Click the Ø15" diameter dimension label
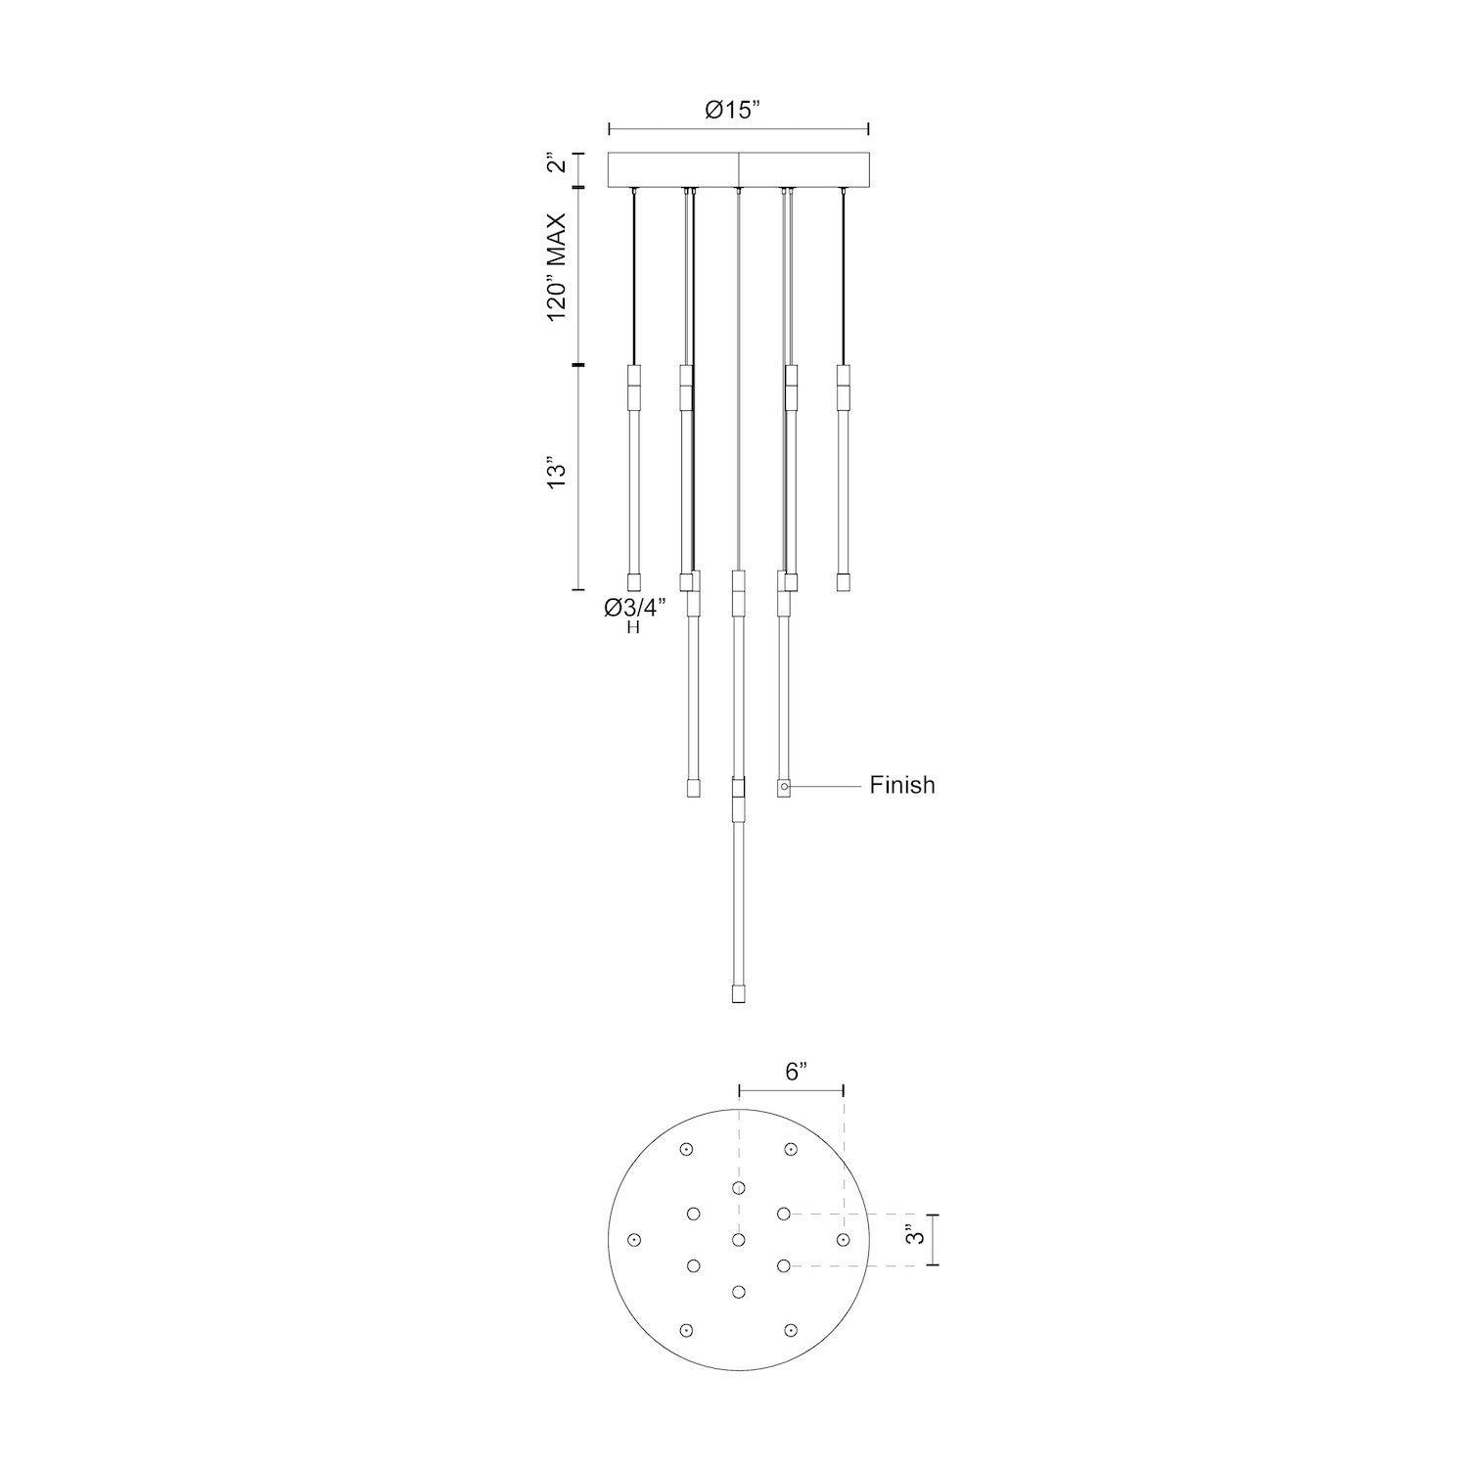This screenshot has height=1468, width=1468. [x=734, y=111]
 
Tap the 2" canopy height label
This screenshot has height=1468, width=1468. [x=555, y=162]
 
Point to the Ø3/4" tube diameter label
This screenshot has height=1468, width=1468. [x=634, y=608]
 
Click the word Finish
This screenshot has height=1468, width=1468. [x=901, y=785]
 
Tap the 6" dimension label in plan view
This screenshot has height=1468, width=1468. [x=795, y=1072]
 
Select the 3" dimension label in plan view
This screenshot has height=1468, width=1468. [x=914, y=1236]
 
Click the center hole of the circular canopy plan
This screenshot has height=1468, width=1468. [x=738, y=1240]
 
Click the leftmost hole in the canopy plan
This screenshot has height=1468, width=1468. [x=634, y=1240]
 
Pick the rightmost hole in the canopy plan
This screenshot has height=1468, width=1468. [x=843, y=1240]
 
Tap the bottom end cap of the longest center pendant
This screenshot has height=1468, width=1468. [x=738, y=995]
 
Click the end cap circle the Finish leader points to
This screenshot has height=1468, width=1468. [x=784, y=786]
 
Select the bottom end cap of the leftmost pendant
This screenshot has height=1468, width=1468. [x=633, y=581]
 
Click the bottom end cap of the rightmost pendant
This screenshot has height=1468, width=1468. [x=843, y=581]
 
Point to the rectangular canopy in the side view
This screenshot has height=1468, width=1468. [x=739, y=169]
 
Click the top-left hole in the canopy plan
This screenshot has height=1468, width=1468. [x=687, y=1150]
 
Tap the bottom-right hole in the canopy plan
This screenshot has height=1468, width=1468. [x=790, y=1330]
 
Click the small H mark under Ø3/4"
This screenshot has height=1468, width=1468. [x=633, y=628]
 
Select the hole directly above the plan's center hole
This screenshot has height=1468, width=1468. [x=738, y=1187]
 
